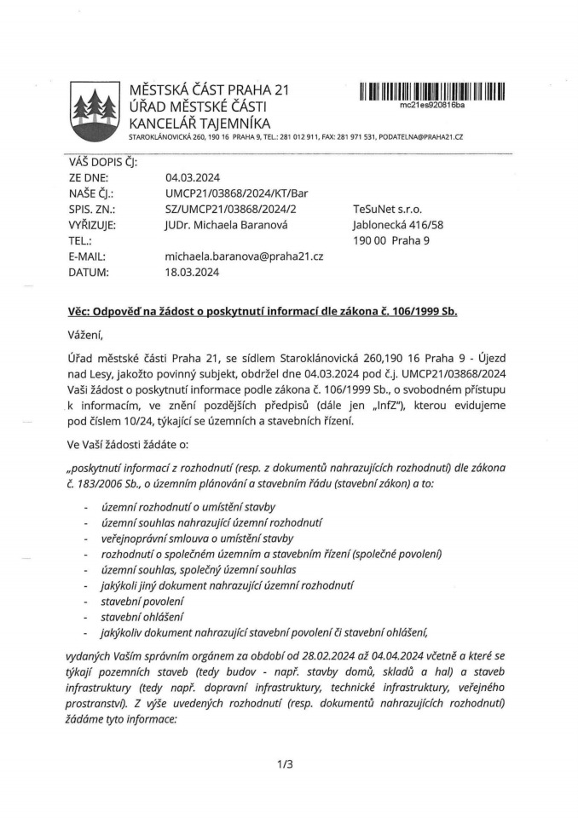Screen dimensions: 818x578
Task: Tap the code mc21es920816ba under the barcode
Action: tap(432, 105)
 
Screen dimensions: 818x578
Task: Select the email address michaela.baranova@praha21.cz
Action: tap(244, 256)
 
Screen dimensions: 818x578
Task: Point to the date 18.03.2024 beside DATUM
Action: tap(193, 273)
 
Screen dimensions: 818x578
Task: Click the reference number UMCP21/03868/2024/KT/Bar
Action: tap(237, 193)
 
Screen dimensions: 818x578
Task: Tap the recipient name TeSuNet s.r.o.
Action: tap(387, 209)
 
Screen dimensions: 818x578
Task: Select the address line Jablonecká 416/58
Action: tap(397, 225)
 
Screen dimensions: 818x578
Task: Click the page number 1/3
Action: tap(285, 763)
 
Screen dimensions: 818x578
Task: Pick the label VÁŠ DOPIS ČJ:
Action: tap(102, 162)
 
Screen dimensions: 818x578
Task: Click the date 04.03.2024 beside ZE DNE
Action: tap(193, 177)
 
